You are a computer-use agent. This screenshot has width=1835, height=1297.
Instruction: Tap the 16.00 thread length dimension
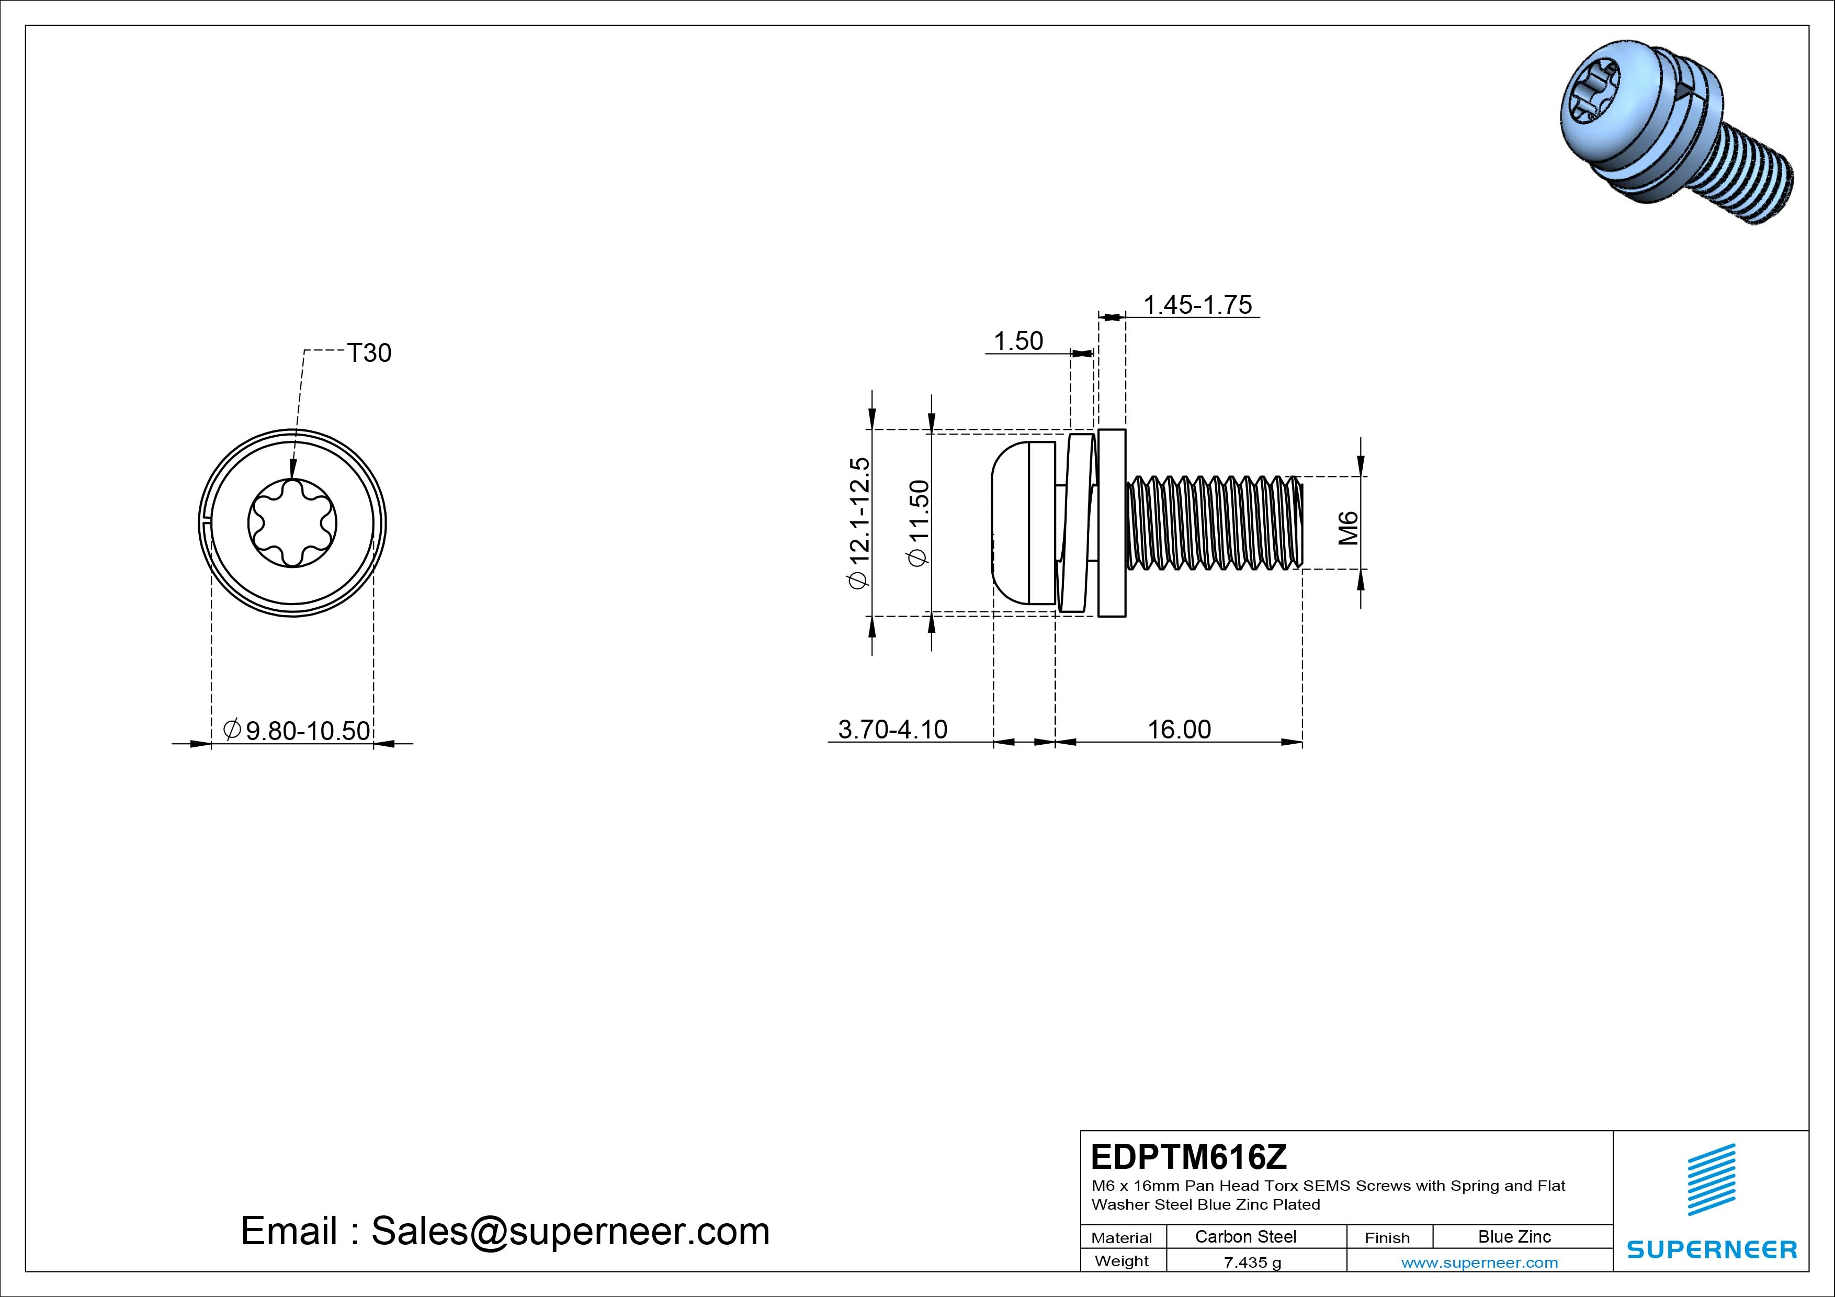pyautogui.click(x=1179, y=729)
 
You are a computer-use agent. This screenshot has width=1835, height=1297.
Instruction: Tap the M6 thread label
pyautogui.click(x=1349, y=528)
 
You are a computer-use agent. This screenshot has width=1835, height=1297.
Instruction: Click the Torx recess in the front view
pyautogui.click(x=292, y=524)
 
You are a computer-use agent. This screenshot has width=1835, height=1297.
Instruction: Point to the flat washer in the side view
pyautogui.click(x=1112, y=524)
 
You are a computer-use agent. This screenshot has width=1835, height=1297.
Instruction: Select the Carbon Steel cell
pyautogui.click(x=1245, y=1236)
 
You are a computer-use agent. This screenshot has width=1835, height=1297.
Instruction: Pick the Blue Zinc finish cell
pyautogui.click(x=1514, y=1236)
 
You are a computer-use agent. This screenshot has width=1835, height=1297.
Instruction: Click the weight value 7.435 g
pyautogui.click(x=1252, y=1262)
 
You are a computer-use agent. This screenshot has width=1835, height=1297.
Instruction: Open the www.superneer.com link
pyautogui.click(x=1479, y=1262)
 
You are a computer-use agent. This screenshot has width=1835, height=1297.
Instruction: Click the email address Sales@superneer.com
pyautogui.click(x=569, y=1231)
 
